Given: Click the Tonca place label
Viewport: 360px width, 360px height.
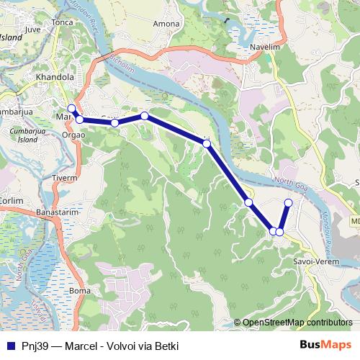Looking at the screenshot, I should click(x=63, y=23).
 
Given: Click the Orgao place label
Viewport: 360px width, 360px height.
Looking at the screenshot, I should click(x=73, y=133).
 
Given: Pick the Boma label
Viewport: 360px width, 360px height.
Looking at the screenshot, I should click(x=77, y=290).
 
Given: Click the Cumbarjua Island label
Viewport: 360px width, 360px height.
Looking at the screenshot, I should click(x=28, y=137).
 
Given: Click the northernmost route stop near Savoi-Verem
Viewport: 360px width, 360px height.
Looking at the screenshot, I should click(x=289, y=202).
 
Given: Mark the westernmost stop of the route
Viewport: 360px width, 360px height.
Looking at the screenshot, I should click(x=71, y=109).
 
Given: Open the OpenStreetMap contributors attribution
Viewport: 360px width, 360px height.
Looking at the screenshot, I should click(x=297, y=323).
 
